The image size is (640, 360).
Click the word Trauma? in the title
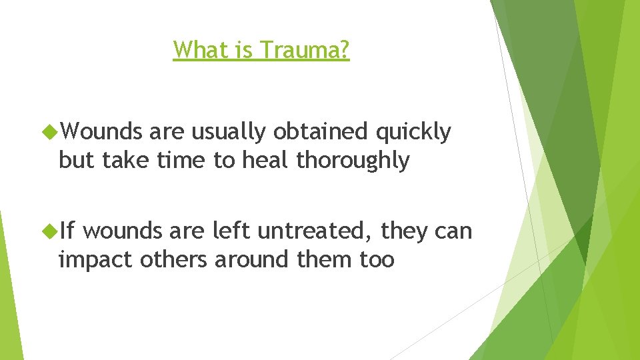305,50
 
